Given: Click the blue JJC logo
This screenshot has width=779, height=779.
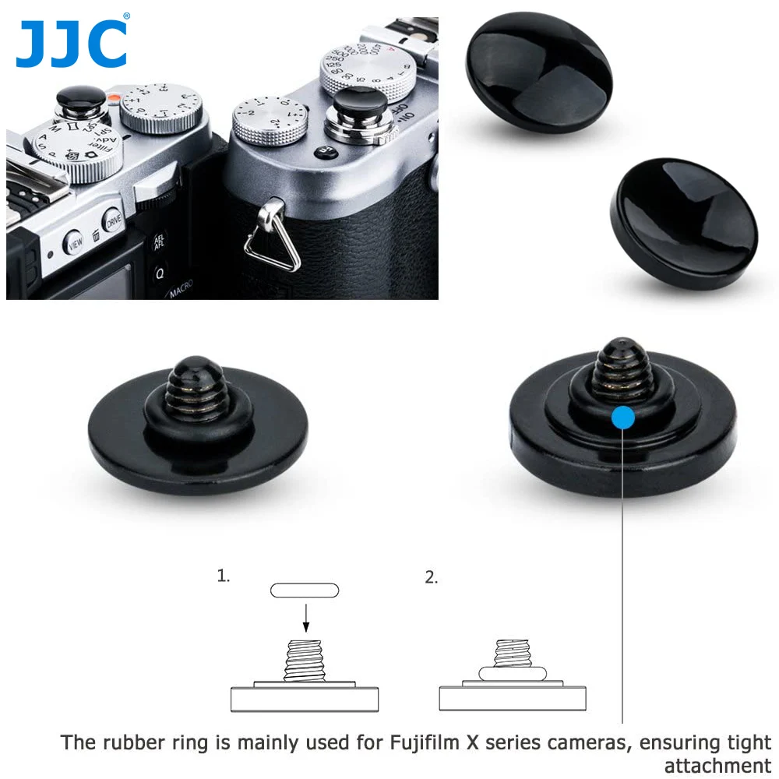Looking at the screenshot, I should click(71, 44).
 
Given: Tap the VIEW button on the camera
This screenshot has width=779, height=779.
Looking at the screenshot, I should click(75, 242).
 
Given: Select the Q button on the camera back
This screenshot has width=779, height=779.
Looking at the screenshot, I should click(160, 273).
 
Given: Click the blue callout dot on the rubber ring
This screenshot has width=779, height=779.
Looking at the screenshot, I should click(623, 417).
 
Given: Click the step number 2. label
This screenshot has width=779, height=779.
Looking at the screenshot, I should click(432, 577).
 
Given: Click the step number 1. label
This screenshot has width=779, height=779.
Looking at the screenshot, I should click(224, 576).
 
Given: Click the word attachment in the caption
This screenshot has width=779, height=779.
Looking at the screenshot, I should click(717, 765).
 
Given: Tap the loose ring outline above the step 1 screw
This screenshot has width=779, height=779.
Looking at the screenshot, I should click(305, 590).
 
